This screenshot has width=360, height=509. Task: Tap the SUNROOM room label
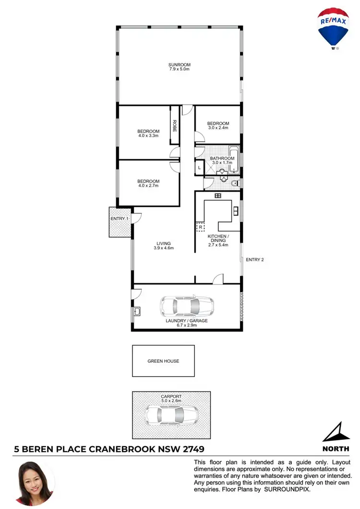(180, 65)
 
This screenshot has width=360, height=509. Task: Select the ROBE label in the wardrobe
(175, 126)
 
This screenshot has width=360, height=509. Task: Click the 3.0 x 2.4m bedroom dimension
(218, 128)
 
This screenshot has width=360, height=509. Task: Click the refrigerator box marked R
(200, 227)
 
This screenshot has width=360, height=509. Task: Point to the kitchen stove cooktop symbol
(217, 195)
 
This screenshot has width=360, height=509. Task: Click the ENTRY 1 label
(120, 219)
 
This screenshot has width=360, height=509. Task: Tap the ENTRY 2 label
(255, 260)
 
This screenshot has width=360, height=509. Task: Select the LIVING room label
(163, 243)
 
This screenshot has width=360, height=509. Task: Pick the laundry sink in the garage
(137, 312)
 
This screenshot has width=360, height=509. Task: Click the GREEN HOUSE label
(163, 361)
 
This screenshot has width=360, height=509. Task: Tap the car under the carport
(172, 413)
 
